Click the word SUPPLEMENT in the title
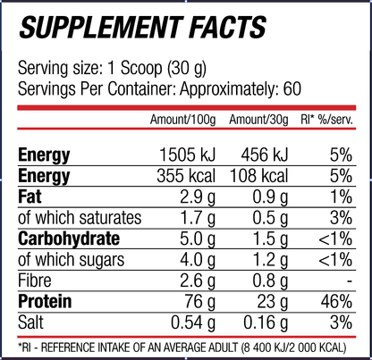[101, 28]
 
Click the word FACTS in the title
[228, 28]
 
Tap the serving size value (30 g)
[187, 69]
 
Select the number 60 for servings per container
[292, 88]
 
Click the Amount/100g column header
[182, 120]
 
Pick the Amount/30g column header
[258, 120]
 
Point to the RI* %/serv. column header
[327, 120]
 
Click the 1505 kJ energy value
[187, 155]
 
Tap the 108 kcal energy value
[258, 176]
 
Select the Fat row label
[30, 197]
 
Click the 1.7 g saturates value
[198, 218]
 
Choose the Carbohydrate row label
[69, 239]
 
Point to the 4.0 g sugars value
[198, 260]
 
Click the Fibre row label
[35, 280]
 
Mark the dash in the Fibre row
[350, 281]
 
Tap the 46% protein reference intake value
[336, 302]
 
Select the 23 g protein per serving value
[273, 302]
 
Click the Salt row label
[30, 322]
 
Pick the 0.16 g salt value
[266, 323]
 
